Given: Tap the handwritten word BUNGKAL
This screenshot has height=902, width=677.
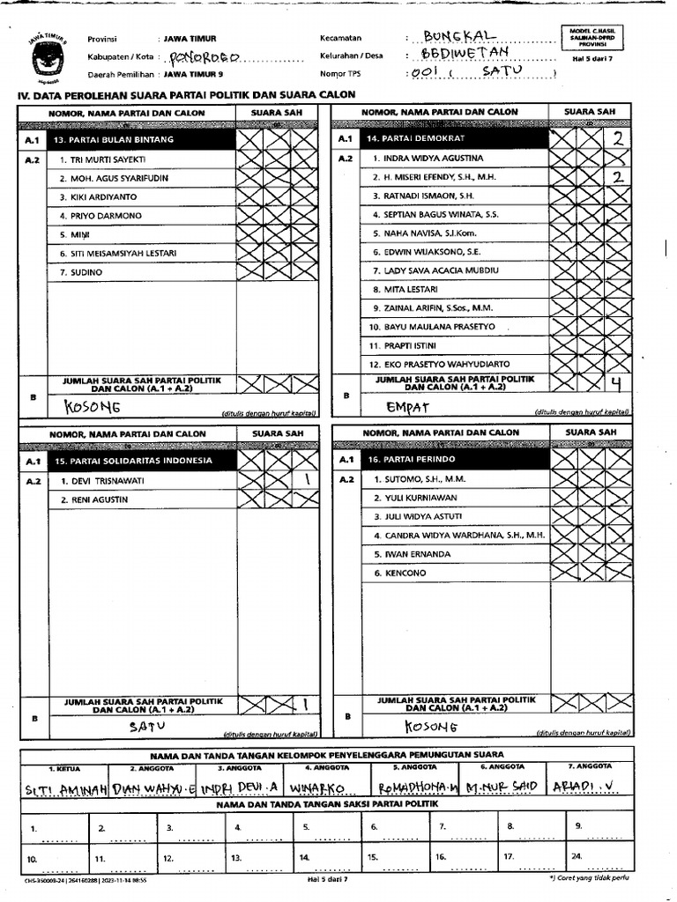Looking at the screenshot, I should [460, 36].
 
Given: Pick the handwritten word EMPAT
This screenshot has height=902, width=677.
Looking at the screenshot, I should [407, 407].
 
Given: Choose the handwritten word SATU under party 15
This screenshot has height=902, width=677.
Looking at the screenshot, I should [147, 728].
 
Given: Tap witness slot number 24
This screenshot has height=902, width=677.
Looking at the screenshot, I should [576, 857].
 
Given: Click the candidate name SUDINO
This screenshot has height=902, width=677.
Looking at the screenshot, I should [81, 272].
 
